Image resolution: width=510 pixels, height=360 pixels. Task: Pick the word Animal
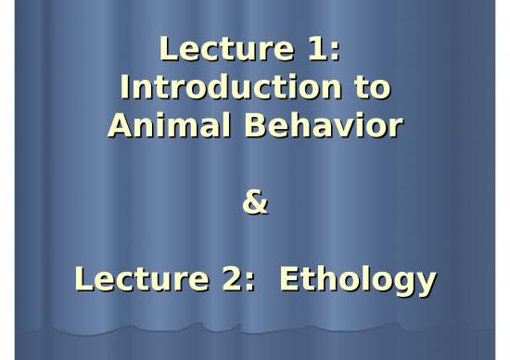[x=159, y=127]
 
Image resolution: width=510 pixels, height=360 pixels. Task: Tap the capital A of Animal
[x=120, y=127]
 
